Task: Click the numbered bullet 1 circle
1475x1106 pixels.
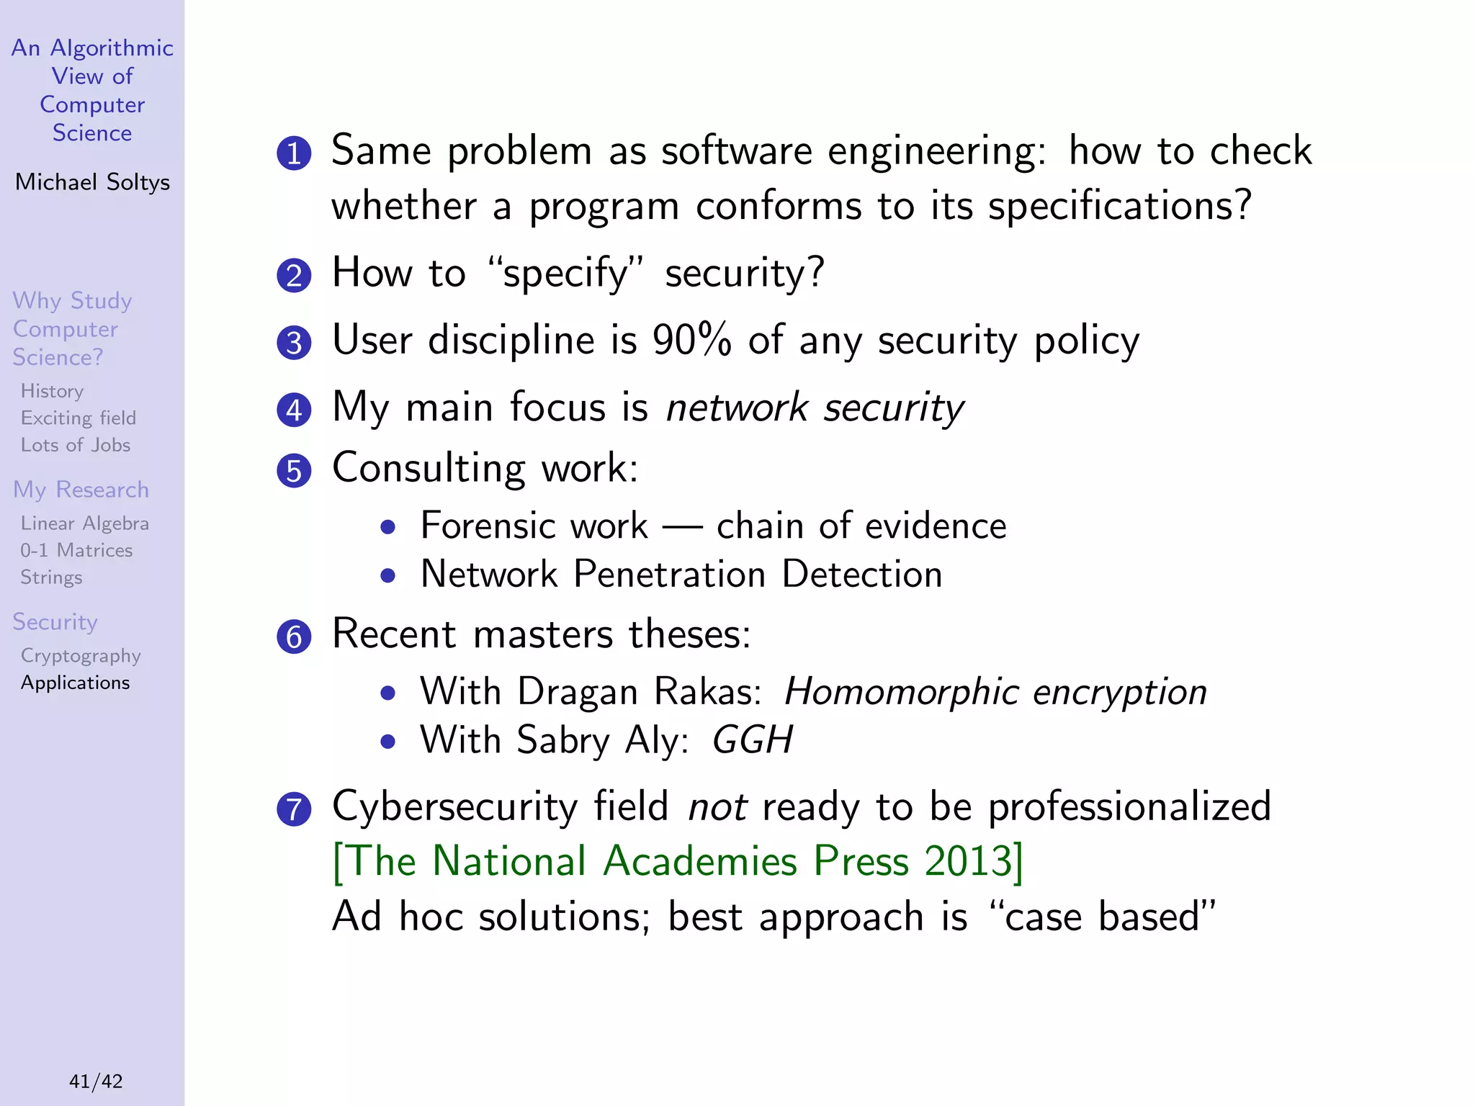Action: (294, 153)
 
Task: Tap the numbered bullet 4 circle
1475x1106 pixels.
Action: (294, 410)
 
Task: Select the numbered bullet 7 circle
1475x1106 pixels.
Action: (294, 809)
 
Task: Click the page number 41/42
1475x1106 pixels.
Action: (96, 1081)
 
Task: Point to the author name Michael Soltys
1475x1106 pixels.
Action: (92, 182)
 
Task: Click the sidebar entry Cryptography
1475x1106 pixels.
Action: (81, 656)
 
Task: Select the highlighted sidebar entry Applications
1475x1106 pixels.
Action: (76, 683)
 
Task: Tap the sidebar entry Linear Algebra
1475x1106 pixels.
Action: (85, 523)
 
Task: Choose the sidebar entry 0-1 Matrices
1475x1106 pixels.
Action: (76, 551)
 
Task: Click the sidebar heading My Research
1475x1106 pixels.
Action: (81, 490)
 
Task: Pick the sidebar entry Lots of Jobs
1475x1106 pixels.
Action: (76, 445)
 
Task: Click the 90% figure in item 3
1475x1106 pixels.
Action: (691, 340)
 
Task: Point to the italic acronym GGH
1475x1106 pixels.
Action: (752, 739)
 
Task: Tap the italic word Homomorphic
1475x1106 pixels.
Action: (900, 691)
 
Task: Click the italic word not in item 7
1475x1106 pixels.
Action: (717, 806)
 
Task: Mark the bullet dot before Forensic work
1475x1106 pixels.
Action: (388, 527)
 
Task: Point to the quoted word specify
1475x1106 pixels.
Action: (566, 274)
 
